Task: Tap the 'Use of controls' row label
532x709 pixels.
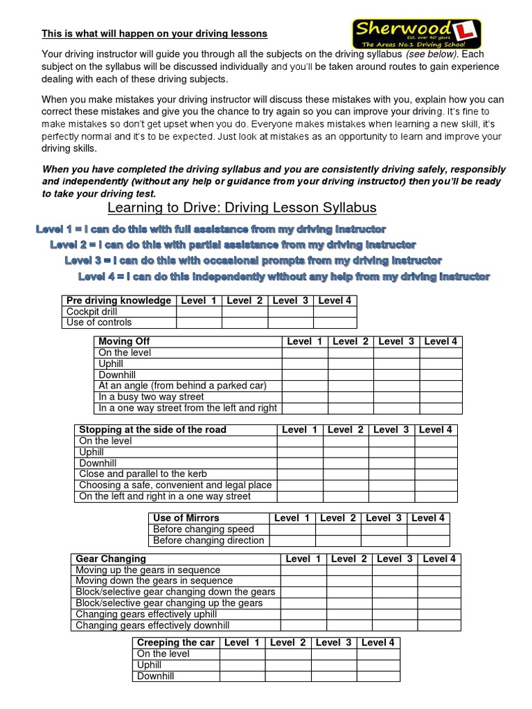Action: click(x=98, y=322)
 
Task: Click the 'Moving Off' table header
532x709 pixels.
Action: click(x=124, y=341)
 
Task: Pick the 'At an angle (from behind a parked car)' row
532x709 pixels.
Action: click(x=182, y=386)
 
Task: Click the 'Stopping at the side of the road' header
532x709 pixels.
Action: click(x=152, y=429)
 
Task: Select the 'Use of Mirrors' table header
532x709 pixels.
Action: click(x=186, y=518)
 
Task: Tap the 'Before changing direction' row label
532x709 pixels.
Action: click(x=209, y=540)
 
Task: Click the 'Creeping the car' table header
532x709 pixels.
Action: click(x=176, y=643)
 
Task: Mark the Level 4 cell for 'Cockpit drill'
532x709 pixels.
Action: click(x=335, y=312)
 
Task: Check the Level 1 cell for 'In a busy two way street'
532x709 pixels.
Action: click(x=304, y=397)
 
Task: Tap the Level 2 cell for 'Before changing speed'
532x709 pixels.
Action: click(x=338, y=529)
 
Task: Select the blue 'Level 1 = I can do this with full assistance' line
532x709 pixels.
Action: click(x=211, y=229)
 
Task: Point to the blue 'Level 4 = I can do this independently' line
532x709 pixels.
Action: click(x=284, y=277)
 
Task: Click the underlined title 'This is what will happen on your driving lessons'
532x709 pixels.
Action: click(x=154, y=33)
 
